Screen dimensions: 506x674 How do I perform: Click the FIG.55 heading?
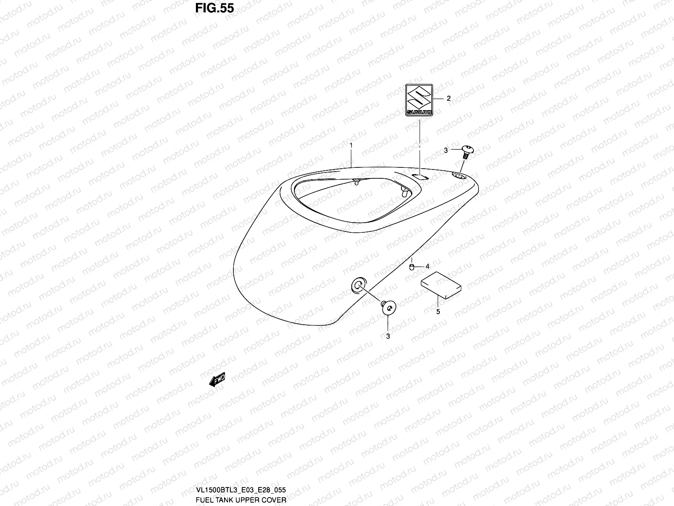coord(214,9)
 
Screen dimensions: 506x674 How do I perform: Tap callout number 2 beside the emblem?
coord(449,99)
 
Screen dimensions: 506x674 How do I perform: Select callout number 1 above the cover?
coord(351,145)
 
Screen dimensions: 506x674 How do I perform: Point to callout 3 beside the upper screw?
coord(446,150)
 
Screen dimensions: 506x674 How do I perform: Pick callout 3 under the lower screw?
coord(388,336)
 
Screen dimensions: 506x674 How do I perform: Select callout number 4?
coord(427,266)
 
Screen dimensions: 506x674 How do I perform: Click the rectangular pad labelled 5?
coord(441,285)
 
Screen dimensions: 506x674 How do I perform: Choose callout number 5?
coord(438,312)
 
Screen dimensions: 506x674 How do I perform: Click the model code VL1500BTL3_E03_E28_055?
coord(241,490)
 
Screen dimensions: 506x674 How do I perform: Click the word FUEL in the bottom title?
coord(204,500)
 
